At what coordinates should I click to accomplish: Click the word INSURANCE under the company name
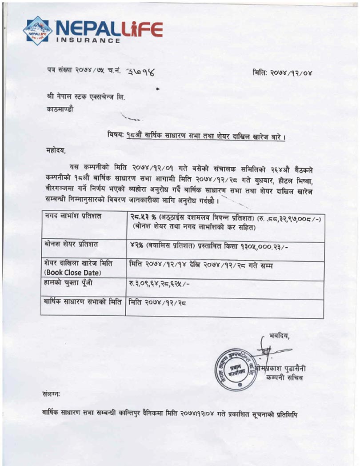pyautogui.click(x=88, y=40)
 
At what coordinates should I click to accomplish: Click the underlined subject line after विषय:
pyautogui.click(x=205, y=137)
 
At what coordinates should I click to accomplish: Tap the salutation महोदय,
pyautogui.click(x=56, y=150)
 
